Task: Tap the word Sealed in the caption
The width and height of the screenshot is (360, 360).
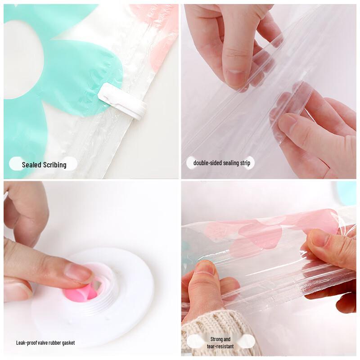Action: click(32, 165)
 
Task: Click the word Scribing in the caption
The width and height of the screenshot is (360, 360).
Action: click(55, 165)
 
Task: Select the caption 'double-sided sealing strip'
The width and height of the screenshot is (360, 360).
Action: click(221, 163)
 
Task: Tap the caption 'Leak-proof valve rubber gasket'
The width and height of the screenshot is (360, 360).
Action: click(45, 343)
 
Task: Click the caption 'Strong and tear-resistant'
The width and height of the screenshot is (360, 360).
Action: click(220, 342)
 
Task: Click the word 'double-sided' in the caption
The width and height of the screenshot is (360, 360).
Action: click(207, 163)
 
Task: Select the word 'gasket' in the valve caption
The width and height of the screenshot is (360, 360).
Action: click(67, 343)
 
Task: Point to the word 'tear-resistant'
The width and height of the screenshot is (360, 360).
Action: click(220, 346)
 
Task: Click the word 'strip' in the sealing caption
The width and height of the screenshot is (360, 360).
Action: click(244, 163)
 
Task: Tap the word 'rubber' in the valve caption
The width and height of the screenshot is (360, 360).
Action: click(54, 343)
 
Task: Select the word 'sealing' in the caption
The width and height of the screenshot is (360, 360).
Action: click(229, 163)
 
